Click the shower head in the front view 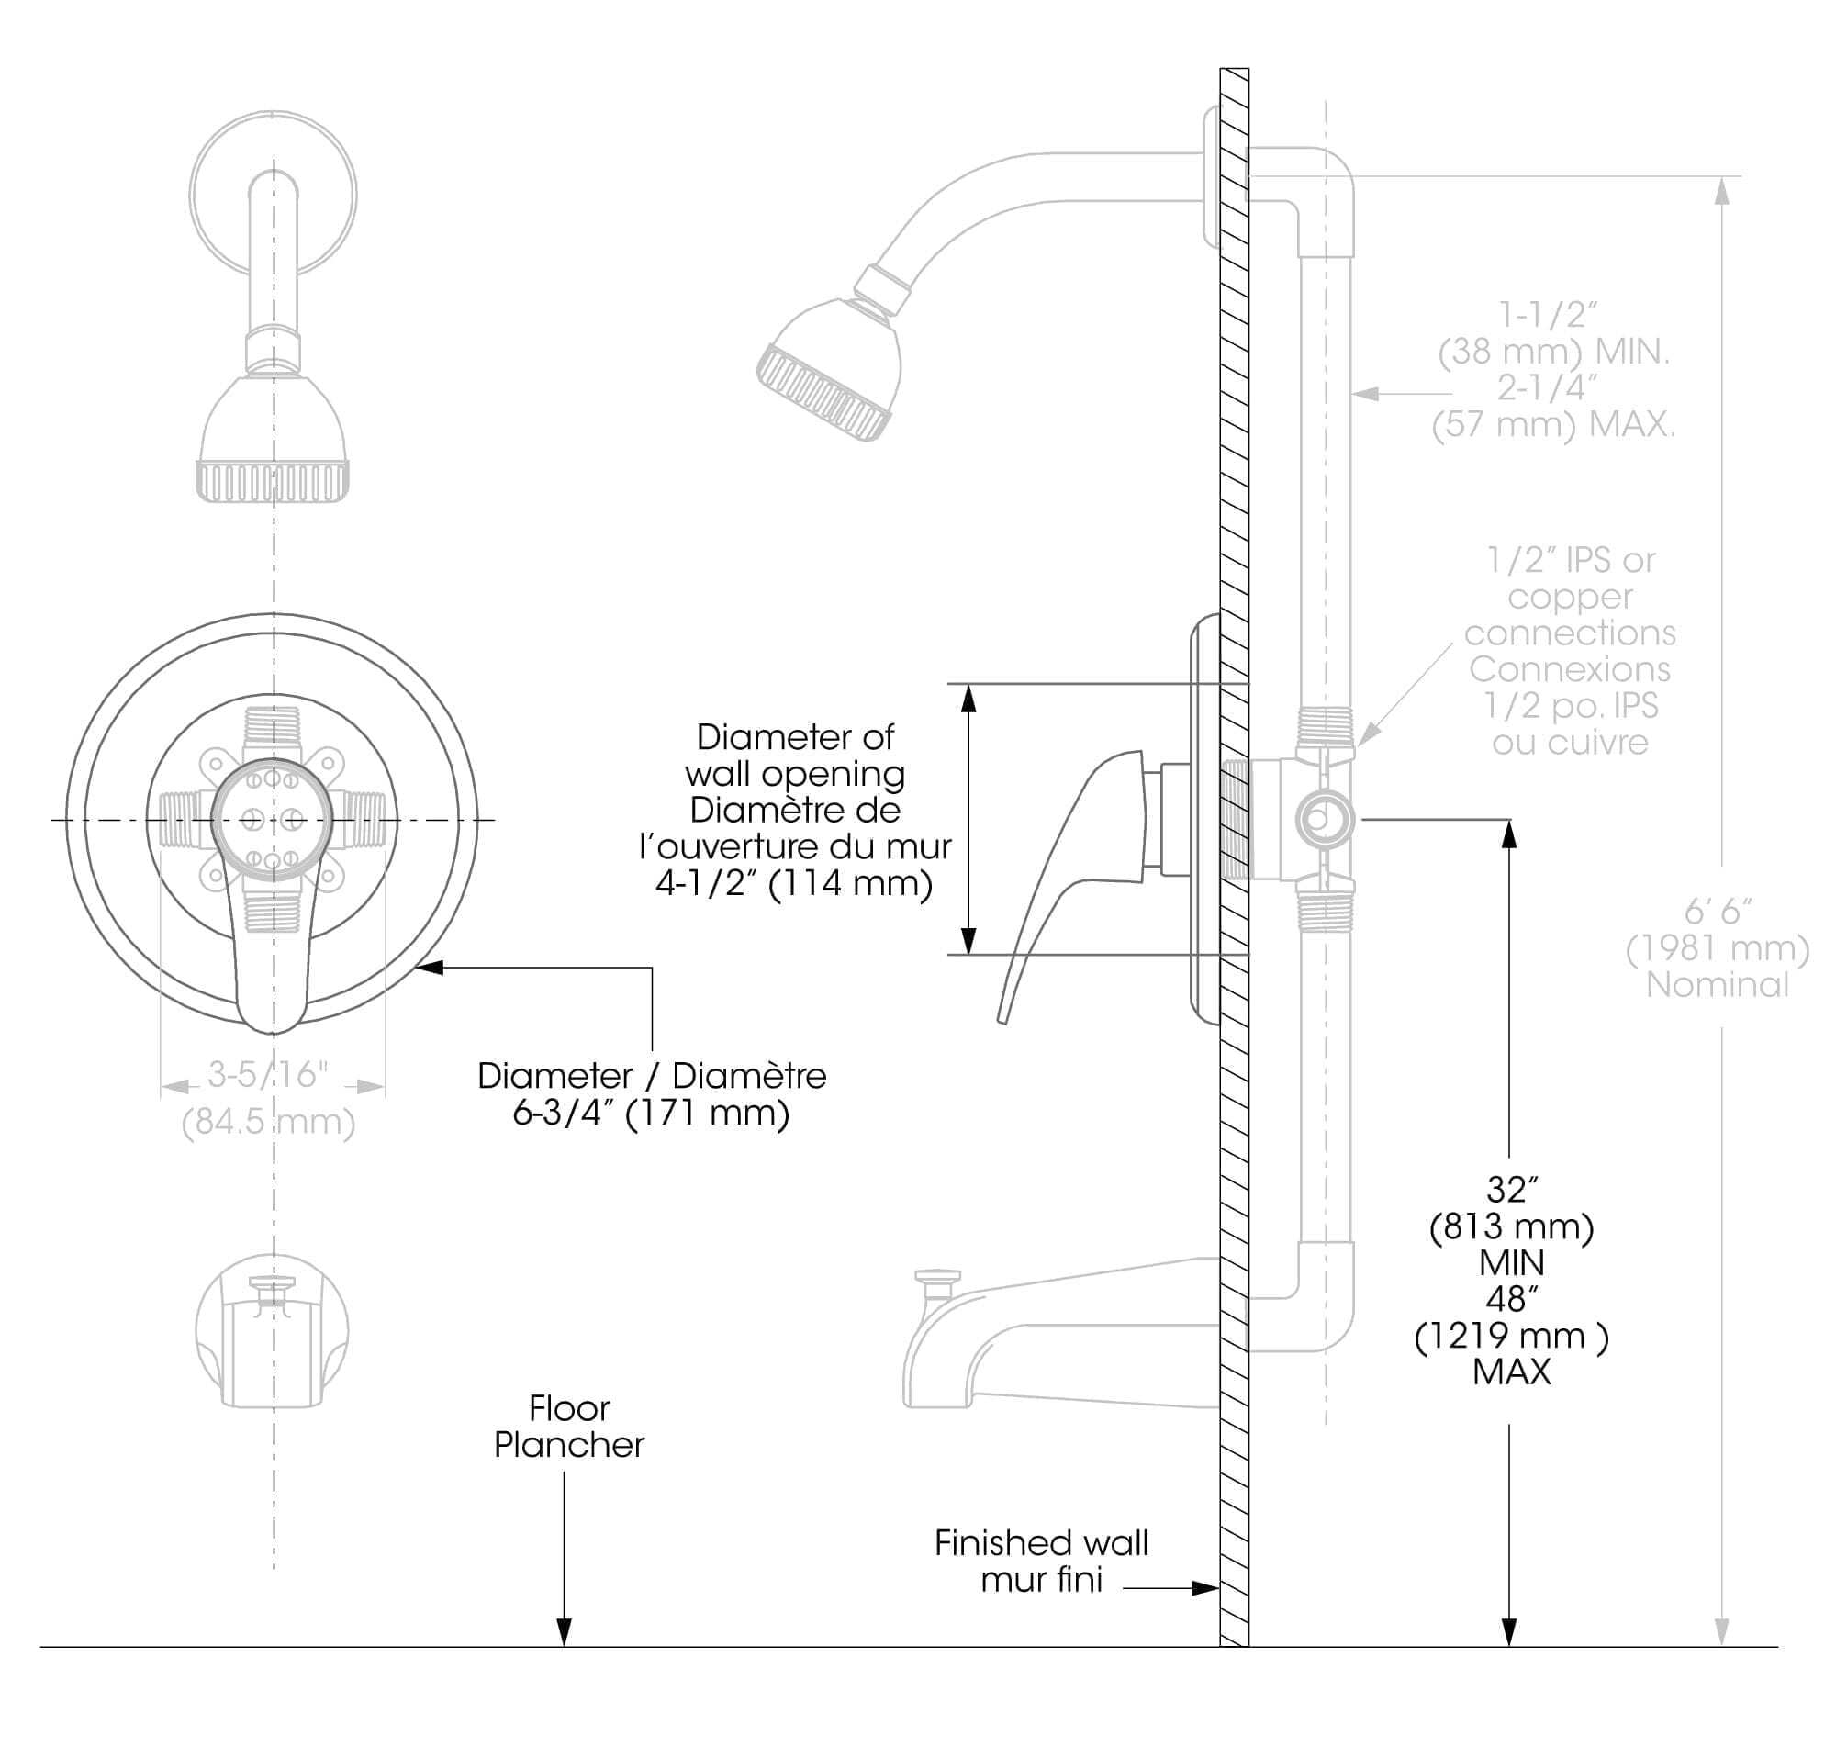pos(273,435)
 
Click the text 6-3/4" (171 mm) pos(650,1114)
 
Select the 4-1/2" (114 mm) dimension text pos(793,883)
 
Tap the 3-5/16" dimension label pos(268,1075)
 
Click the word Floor pos(568,1408)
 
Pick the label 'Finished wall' pos(1041,1542)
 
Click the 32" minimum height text pos(1511,1191)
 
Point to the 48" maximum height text pos(1511,1299)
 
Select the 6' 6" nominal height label pos(1717,912)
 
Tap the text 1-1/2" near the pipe pos(1547,316)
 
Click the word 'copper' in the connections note pos(1570,597)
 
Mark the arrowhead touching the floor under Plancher pos(564,1632)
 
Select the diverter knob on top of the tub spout pos(937,1278)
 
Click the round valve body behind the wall pos(1323,820)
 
